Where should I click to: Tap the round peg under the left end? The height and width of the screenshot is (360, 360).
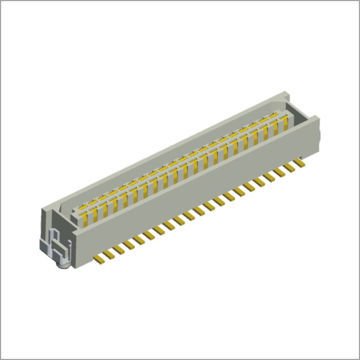coord(64,263)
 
